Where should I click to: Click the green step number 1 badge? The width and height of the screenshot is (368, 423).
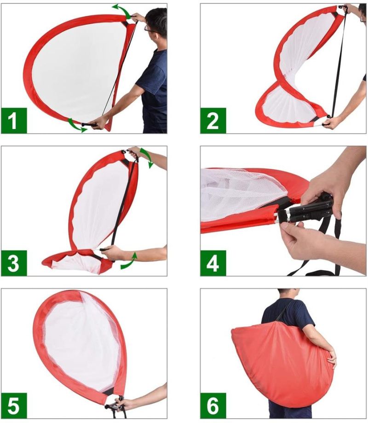coord(14,121)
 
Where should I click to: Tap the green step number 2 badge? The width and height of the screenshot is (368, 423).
coord(213,121)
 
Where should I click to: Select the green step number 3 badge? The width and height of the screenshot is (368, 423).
coord(14,263)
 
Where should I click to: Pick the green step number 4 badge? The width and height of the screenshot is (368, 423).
coord(213,263)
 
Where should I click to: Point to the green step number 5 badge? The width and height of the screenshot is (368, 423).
coord(14,406)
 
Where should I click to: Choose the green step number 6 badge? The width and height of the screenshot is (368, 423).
coord(213,406)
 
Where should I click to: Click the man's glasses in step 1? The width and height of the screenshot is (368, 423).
coord(150,29)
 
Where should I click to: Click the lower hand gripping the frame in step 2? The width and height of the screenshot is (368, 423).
coord(332,123)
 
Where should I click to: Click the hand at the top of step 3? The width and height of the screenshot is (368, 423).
coord(135,153)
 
